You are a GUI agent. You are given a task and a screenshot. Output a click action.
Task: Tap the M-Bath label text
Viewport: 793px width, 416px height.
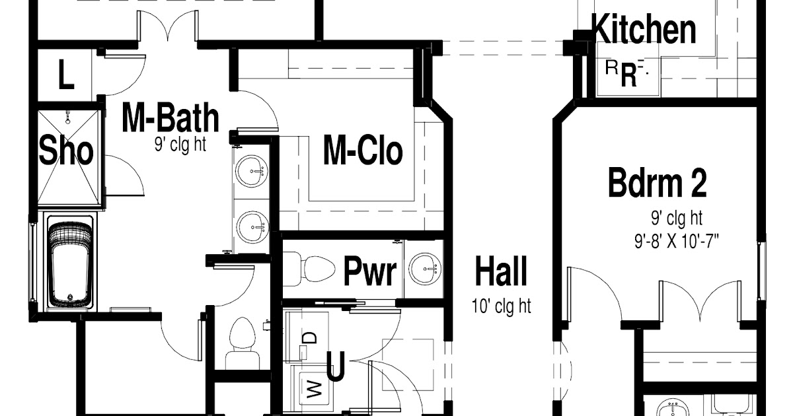pos(170,118)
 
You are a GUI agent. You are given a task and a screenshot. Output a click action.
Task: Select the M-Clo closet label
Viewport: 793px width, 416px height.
pos(363,151)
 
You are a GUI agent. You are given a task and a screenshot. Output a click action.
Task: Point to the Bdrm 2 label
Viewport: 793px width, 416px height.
pos(658,183)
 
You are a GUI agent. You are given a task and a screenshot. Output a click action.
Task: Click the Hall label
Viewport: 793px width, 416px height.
pos(501,271)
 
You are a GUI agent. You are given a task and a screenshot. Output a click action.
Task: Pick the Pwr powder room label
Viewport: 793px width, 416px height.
pos(370,271)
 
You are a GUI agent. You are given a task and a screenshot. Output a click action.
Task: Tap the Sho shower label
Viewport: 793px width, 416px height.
pos(66,151)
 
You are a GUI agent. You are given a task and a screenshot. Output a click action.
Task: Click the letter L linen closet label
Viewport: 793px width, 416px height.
pos(66,74)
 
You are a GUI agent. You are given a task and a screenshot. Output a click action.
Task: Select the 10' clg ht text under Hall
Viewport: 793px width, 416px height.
pos(502,306)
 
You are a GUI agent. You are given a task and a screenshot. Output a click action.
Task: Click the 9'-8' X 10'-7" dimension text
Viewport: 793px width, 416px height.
pos(677,242)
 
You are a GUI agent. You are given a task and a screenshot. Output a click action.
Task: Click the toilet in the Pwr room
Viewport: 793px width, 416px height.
pos(309,269)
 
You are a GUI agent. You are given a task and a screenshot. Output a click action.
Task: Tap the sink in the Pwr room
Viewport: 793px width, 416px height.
pos(425,269)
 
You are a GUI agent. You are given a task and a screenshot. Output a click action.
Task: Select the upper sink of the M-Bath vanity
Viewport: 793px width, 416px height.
pos(252,171)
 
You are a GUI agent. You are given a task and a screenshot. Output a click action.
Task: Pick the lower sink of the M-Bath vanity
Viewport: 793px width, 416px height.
pos(252,227)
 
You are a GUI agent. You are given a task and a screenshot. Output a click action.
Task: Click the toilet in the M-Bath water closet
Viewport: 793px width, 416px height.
pos(243,343)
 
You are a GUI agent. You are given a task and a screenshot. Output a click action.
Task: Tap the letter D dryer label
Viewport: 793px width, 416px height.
pos(310,337)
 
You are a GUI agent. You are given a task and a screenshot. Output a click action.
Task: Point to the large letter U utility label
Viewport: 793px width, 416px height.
pos(335,366)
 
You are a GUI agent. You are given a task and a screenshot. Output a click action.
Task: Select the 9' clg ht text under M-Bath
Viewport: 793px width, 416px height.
pos(180,145)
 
